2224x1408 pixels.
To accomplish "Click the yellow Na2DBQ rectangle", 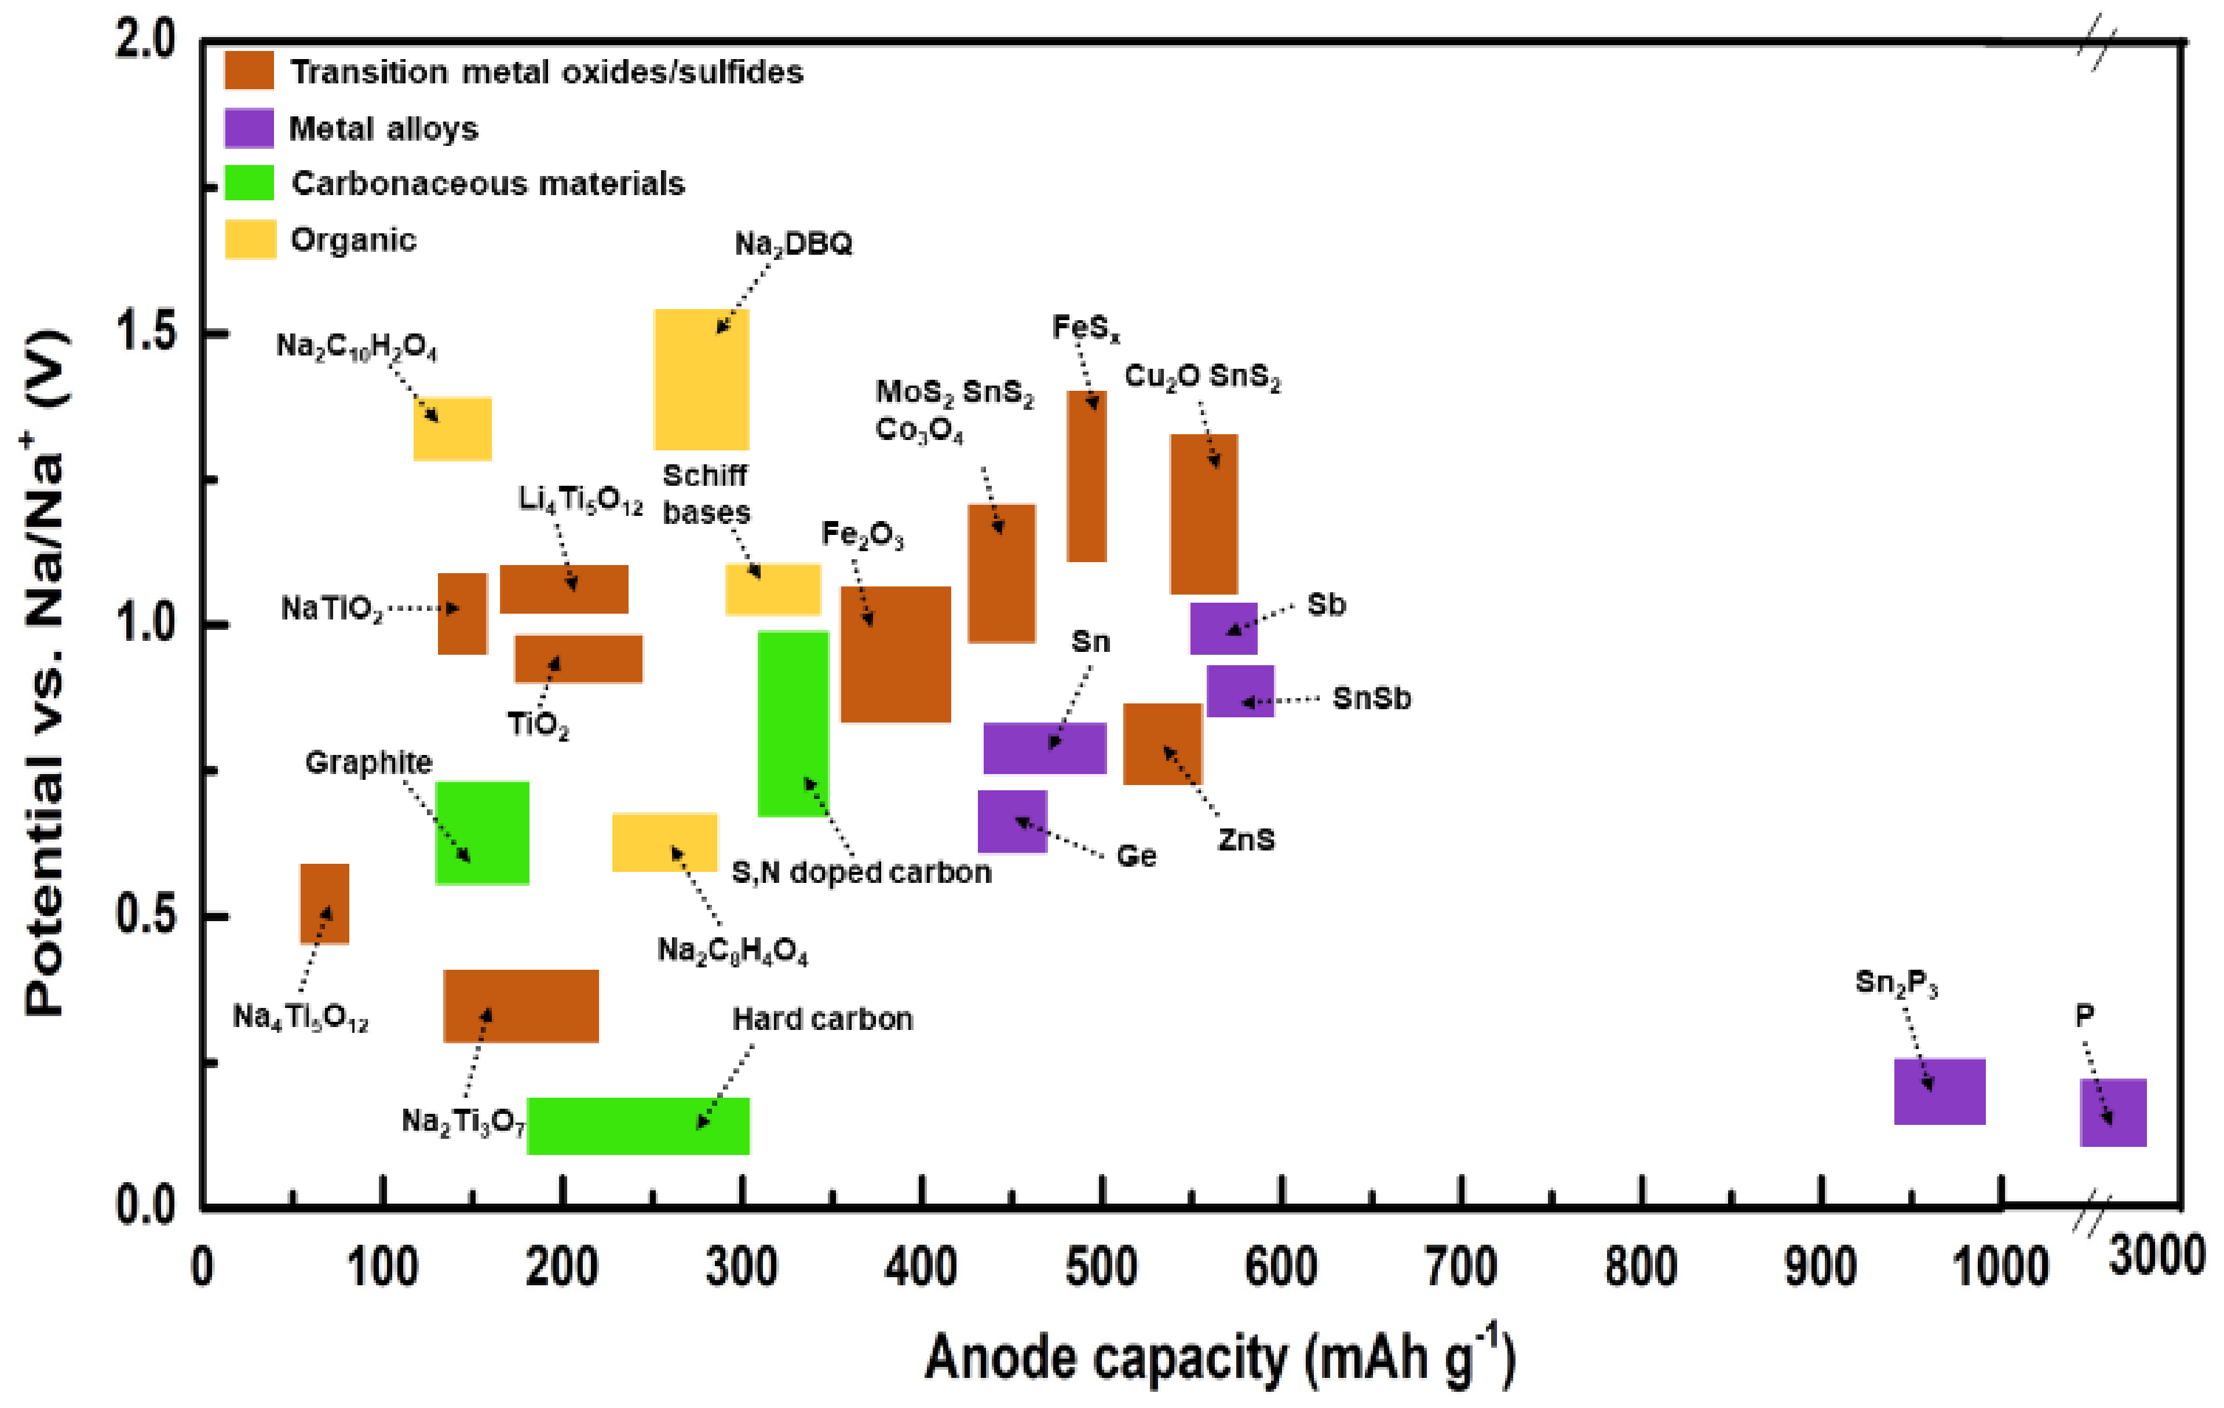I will click(701, 379).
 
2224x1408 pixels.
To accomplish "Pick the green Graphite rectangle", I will click(482, 833).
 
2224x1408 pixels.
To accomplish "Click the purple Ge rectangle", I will click(1012, 821).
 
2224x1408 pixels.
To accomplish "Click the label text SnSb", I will click(1371, 699).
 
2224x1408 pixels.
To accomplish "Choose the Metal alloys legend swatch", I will click(249, 129).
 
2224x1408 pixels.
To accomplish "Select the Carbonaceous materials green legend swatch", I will click(249, 183).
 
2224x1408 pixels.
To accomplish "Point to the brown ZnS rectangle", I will click(1162, 743).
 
